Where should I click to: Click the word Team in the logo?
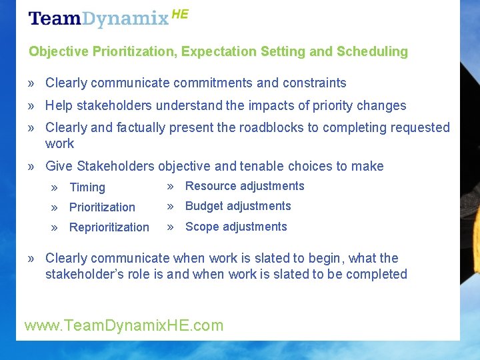(x=55, y=19)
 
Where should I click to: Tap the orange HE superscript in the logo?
(x=180, y=14)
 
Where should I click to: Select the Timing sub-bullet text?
(x=87, y=188)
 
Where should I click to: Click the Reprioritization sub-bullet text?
(x=109, y=227)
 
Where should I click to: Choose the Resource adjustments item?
(x=245, y=186)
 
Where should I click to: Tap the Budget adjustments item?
(x=238, y=206)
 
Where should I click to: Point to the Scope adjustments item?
(x=236, y=227)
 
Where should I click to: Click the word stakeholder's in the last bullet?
(x=81, y=274)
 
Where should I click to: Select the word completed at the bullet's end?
(x=377, y=274)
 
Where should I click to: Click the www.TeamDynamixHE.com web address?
(x=124, y=325)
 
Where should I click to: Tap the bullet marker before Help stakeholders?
(x=32, y=106)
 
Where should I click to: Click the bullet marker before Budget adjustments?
(x=171, y=206)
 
